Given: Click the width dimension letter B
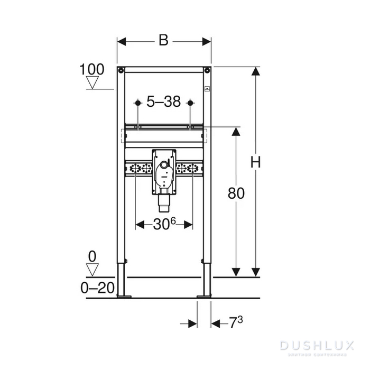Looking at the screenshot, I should click(163, 41).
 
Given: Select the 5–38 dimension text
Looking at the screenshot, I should click(164, 102).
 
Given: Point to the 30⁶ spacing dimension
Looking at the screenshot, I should click(164, 225).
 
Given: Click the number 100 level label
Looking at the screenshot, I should click(92, 69).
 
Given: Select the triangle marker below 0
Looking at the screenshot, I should click(92, 270).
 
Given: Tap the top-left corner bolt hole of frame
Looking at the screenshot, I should click(121, 70).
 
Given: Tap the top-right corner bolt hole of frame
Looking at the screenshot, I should click(207, 70).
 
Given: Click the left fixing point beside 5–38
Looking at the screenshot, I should click(137, 102).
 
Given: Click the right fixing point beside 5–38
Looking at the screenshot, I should click(191, 102).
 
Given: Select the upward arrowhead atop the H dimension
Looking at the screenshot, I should click(256, 72).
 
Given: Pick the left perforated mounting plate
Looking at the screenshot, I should click(139, 169).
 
